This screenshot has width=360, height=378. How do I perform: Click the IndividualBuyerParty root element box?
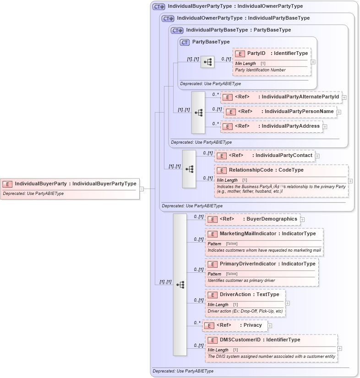[x=69, y=184]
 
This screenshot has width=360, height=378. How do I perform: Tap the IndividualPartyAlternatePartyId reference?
[x=281, y=97]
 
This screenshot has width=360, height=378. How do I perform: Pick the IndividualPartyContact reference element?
[x=265, y=156]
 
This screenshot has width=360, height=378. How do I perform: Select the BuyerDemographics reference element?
[x=253, y=219]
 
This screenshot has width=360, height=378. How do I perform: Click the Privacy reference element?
[x=234, y=325]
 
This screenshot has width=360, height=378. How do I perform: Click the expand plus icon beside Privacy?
[x=270, y=326]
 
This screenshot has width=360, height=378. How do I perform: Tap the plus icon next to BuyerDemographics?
[x=302, y=220]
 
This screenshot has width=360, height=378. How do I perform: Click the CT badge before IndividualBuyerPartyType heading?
[x=158, y=7]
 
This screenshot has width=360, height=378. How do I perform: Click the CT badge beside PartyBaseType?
[x=185, y=42]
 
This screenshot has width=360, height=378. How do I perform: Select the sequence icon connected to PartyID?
[x=207, y=61]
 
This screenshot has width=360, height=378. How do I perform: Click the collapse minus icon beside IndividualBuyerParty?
[x=142, y=188]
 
